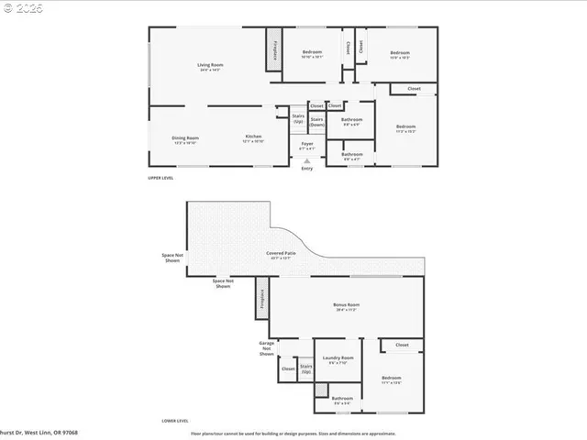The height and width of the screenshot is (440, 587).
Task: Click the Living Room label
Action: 210,65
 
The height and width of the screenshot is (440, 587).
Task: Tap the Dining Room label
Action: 185,137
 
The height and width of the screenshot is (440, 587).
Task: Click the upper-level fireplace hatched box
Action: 272,49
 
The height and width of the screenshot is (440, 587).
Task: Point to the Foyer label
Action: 307,144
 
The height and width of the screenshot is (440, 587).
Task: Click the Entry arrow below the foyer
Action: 306,160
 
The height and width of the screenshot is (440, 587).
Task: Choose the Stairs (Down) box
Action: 316,121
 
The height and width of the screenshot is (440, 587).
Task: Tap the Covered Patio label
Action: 281,253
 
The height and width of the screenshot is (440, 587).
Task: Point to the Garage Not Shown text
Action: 267,347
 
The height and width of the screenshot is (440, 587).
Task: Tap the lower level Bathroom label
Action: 342,398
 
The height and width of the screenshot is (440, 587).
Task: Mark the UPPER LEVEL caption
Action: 161,178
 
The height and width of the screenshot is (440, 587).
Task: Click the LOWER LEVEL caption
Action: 162,422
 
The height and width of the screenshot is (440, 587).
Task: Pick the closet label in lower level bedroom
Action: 402,346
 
